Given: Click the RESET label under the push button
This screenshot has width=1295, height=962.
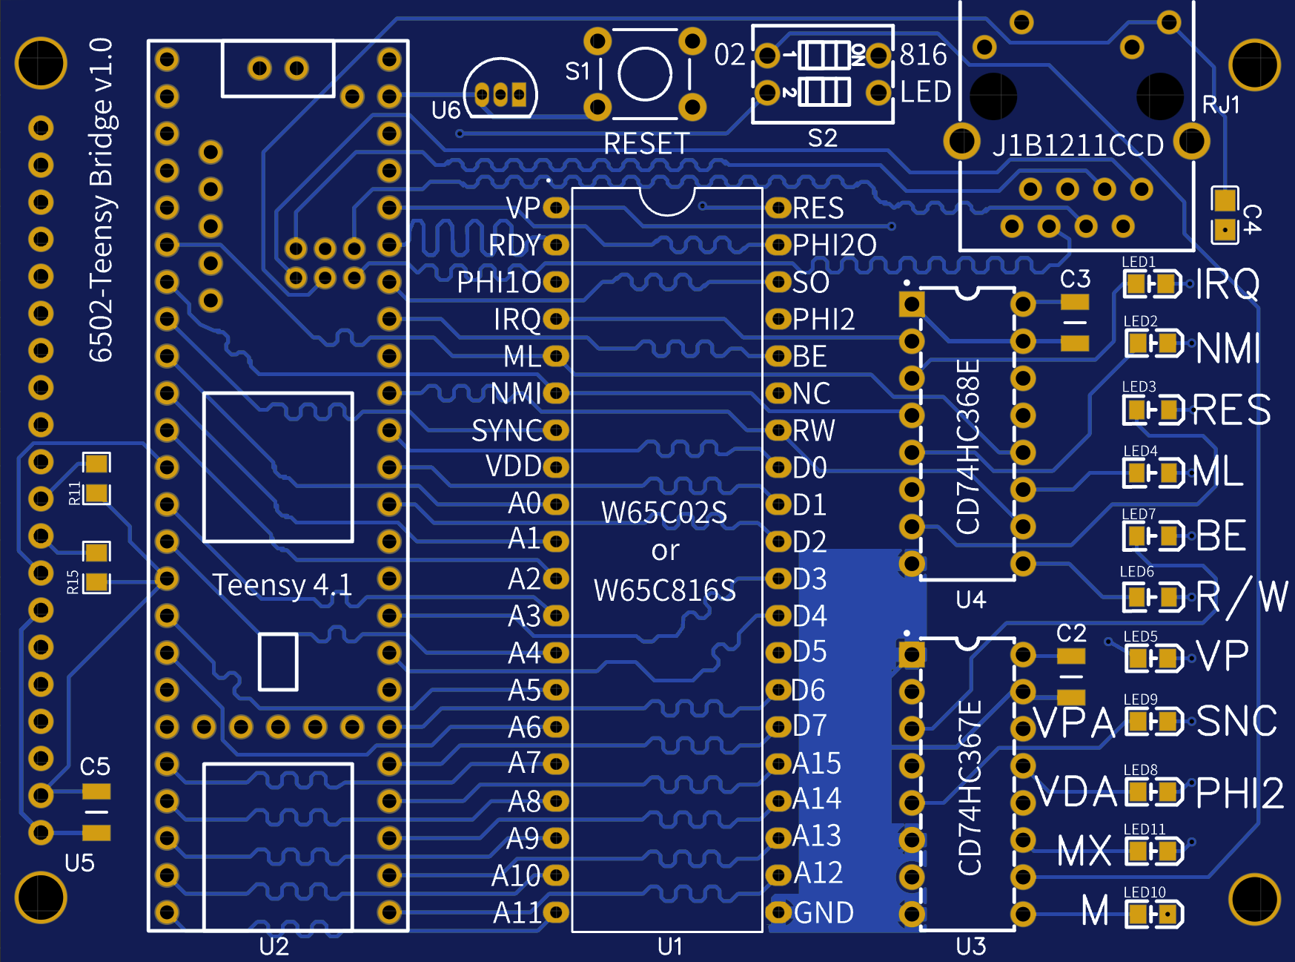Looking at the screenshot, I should pos(646,143).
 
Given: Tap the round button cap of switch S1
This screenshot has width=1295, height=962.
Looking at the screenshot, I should pos(645,73).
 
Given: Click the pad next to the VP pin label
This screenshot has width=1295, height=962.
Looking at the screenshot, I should pos(555,208).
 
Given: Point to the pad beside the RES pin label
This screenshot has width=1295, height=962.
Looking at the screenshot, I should pos(778,208).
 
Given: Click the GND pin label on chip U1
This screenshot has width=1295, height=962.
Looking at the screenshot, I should pos(824,913).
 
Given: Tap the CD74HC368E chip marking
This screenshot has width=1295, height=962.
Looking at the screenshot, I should pos(968,446).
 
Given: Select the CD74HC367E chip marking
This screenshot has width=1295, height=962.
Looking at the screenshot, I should pos(970,787).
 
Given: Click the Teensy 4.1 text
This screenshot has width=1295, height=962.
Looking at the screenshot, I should pos(282,585).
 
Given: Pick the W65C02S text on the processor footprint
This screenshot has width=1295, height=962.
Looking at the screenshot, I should pos(664,513).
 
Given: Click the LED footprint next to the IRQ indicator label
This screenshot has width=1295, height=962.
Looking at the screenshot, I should pos(1152,284).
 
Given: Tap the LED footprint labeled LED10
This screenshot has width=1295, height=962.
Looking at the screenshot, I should pos(1154,915).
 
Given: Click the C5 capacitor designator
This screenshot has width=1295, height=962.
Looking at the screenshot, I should pos(95,766).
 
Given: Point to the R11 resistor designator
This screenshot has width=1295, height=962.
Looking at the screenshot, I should pos(74,493).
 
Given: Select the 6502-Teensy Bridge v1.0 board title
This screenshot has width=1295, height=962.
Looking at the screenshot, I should pos(101,200).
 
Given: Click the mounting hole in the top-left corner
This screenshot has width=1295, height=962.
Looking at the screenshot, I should pos(41,63).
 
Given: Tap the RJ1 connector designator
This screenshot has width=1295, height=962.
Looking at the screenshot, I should pos(1221,105).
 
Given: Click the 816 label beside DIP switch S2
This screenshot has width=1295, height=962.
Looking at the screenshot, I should pos(923,55).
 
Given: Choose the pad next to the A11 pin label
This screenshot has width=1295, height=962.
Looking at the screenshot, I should pos(555,912).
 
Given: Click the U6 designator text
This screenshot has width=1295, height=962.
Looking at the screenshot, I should pos(446,111).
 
